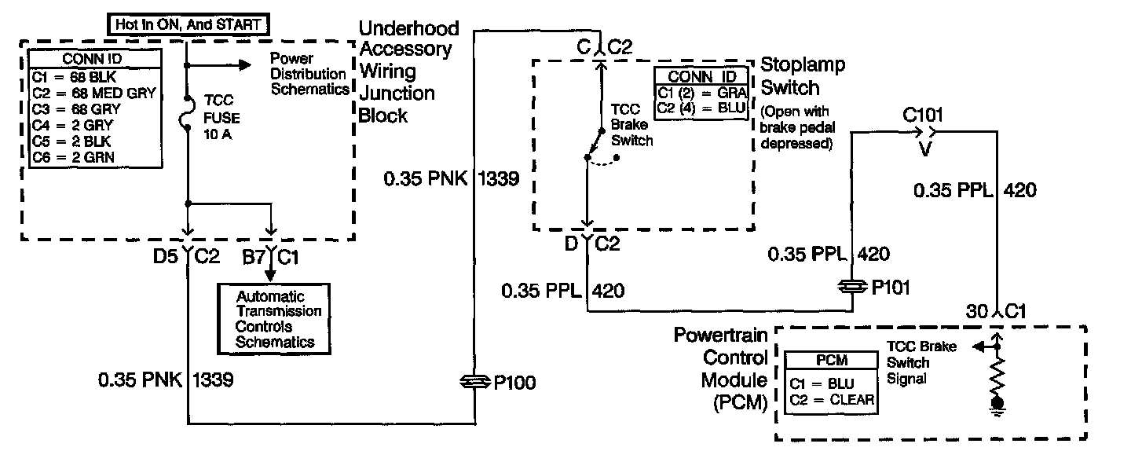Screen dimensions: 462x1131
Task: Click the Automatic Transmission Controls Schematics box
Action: (x=274, y=319)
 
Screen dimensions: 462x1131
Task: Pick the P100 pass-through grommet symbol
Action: (x=475, y=383)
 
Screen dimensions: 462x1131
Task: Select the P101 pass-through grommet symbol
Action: (x=852, y=288)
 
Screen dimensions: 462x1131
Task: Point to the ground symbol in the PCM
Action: (x=998, y=405)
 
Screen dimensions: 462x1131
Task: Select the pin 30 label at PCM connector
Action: (x=975, y=311)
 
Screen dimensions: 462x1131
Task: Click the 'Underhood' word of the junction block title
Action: (x=408, y=29)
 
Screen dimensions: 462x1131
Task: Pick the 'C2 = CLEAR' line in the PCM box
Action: (x=833, y=401)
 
